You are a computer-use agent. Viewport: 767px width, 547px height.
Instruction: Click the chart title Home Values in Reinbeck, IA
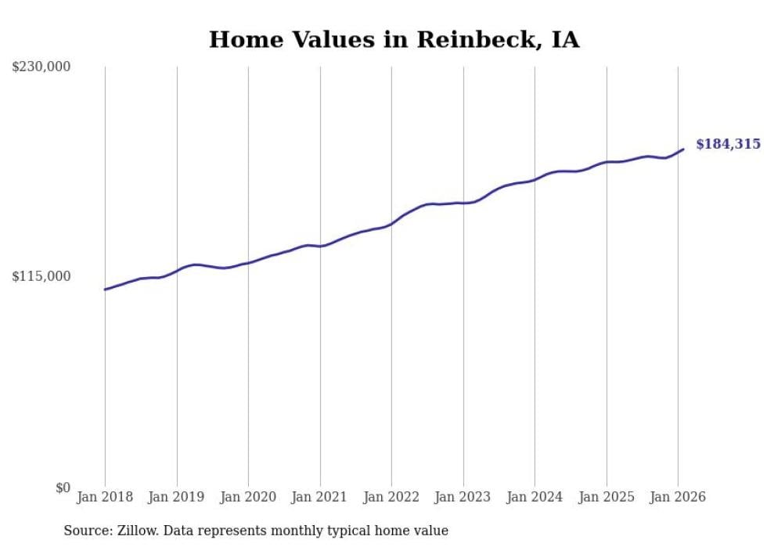(394, 40)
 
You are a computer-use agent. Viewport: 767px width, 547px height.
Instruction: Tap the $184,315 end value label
(728, 144)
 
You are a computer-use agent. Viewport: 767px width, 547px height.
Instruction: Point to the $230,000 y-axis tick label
(41, 67)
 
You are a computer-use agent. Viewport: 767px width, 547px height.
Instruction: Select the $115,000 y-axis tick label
(41, 276)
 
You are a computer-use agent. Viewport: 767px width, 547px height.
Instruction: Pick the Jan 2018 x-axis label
(105, 497)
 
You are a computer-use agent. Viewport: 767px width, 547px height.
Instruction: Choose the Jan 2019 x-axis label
(177, 497)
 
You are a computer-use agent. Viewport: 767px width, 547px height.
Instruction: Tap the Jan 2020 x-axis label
(248, 497)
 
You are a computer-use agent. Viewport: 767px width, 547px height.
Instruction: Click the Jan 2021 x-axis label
(320, 497)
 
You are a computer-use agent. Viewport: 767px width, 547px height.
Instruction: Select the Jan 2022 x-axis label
(391, 497)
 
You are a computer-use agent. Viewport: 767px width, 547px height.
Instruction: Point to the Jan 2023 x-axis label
(463, 497)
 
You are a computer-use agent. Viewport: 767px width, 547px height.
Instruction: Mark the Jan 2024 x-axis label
(535, 497)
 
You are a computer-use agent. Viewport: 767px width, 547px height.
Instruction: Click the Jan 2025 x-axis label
(607, 497)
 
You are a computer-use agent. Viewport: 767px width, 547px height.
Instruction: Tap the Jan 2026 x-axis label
(678, 497)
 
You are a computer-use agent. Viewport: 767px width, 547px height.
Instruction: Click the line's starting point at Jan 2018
(105, 290)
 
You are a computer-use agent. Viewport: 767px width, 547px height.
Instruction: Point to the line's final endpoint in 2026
(683, 149)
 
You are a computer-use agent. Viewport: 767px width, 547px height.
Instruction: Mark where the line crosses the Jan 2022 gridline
(391, 224)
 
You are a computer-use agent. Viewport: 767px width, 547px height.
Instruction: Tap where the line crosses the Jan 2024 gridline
(535, 180)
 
